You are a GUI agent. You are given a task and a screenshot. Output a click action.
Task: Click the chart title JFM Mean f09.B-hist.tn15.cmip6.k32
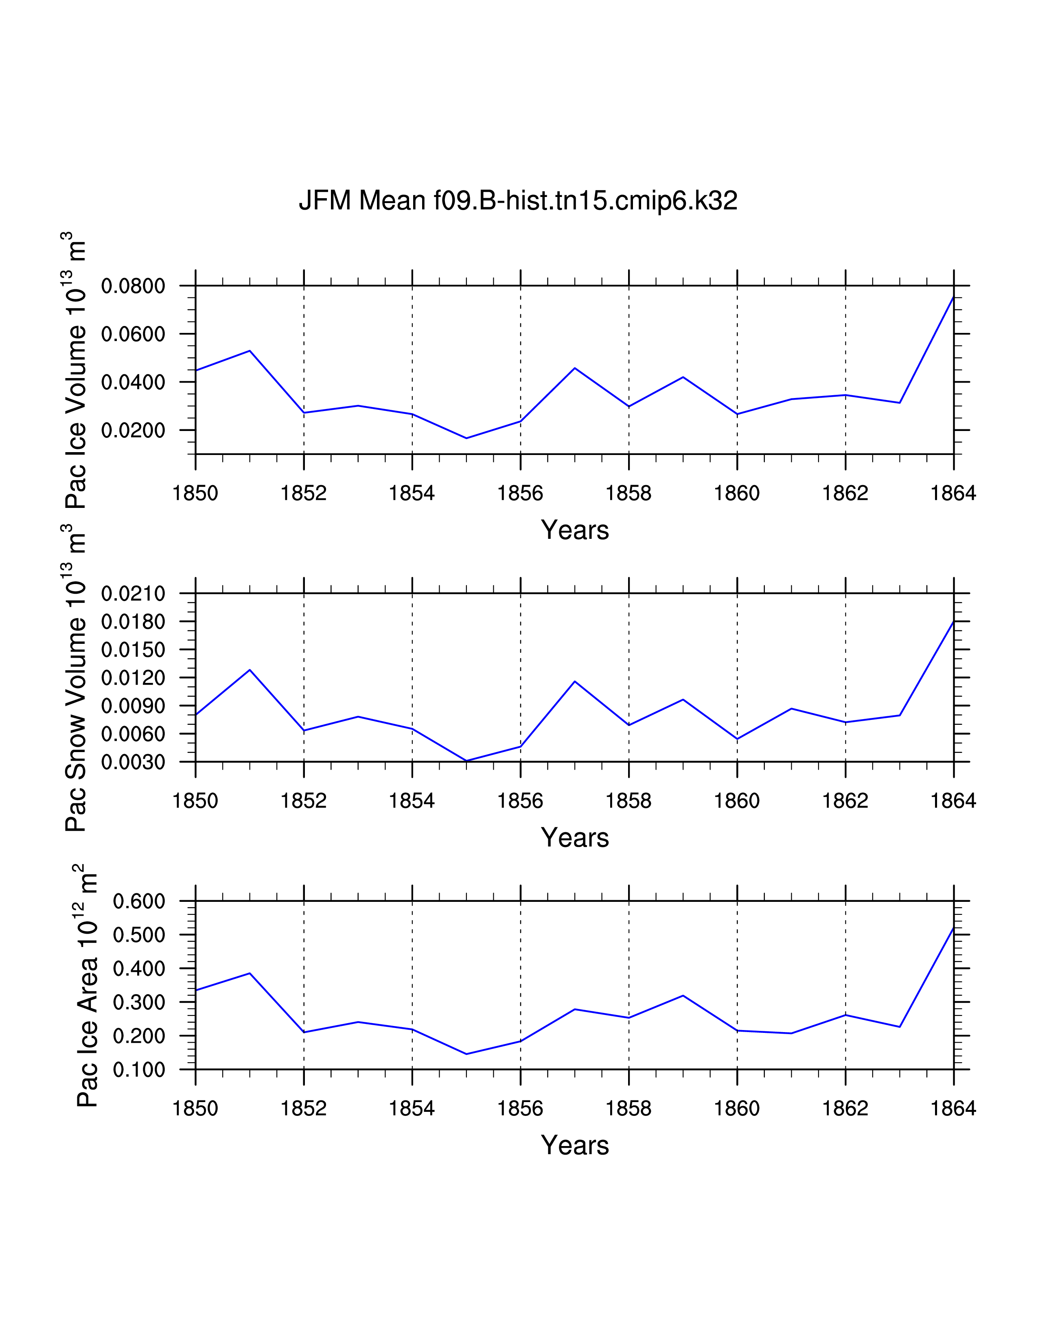point(518,201)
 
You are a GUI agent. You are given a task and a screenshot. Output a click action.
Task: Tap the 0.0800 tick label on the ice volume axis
point(133,286)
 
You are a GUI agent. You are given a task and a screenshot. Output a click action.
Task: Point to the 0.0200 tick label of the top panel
point(133,431)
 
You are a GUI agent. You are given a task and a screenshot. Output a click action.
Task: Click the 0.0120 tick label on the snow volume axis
point(133,678)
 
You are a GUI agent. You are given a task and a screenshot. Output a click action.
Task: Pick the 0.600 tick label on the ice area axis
point(139,901)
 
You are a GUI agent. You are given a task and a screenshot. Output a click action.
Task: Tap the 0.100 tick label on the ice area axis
point(139,1070)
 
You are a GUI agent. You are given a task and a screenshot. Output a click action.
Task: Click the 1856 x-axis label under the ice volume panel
point(520,493)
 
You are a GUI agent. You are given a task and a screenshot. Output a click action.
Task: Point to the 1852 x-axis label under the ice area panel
point(304,1108)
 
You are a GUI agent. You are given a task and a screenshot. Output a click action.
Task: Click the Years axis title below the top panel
point(575,530)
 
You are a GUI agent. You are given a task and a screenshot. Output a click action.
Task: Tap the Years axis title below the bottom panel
point(575,1145)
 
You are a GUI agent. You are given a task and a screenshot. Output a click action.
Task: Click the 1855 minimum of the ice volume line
point(466,438)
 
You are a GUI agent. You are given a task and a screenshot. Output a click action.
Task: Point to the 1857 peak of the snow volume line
point(574,681)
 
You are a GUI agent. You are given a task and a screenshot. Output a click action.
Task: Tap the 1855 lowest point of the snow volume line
point(466,761)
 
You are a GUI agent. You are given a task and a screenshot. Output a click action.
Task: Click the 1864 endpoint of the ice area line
point(953,928)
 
